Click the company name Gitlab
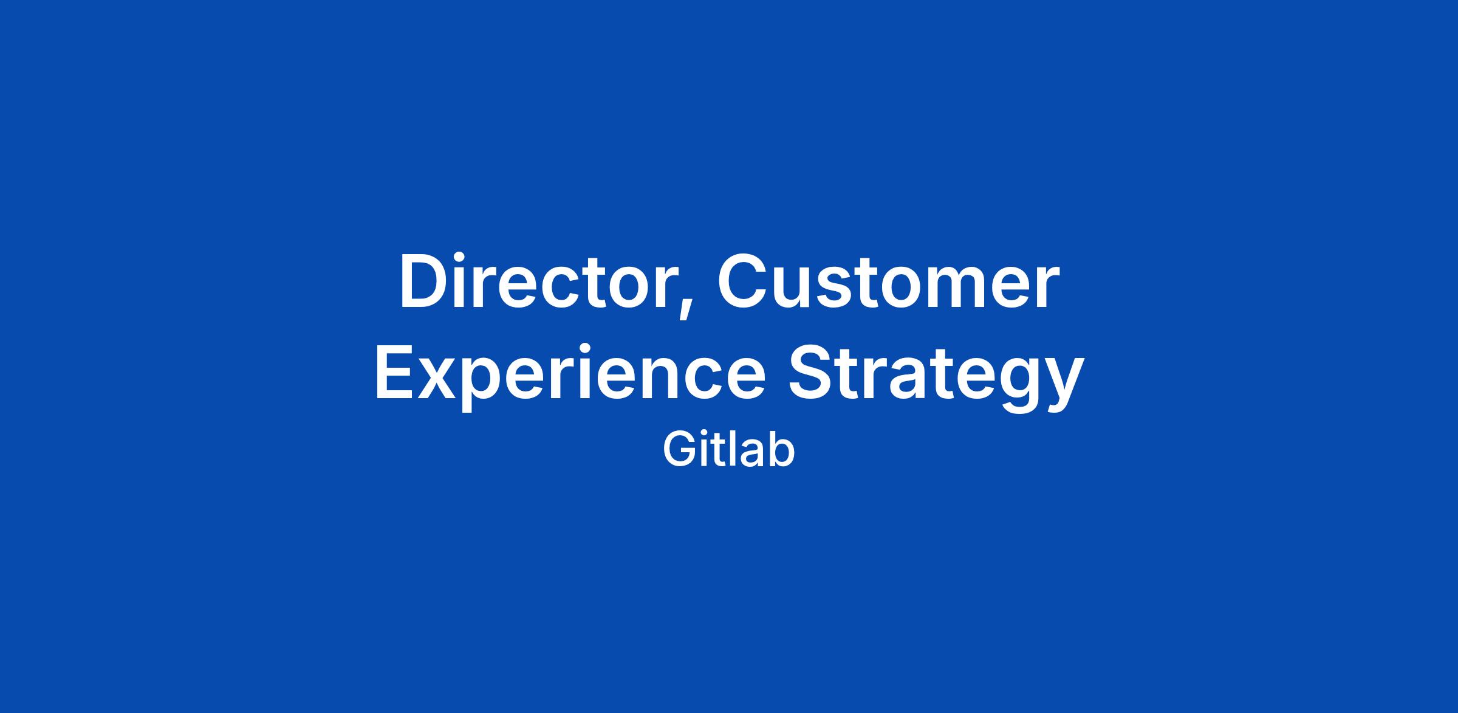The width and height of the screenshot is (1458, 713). coord(729,450)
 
